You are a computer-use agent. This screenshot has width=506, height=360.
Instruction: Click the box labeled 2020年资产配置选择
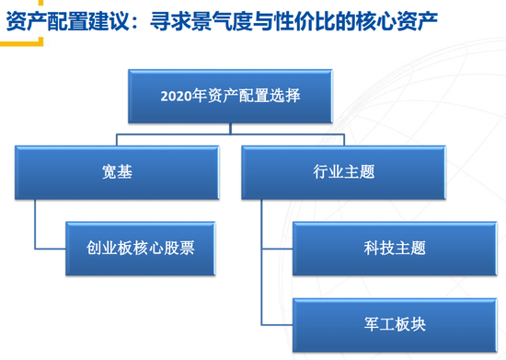(230, 97)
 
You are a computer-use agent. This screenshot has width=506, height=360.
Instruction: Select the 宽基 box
(117, 172)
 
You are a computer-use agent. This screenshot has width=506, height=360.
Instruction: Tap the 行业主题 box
(344, 172)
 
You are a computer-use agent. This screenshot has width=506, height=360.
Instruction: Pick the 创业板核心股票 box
(141, 249)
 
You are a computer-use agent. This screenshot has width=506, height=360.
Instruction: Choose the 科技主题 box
(395, 249)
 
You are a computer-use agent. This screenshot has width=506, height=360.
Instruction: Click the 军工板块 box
(395, 325)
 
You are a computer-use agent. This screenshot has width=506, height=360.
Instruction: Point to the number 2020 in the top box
(176, 97)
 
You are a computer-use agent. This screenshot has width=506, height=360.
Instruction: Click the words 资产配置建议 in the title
(68, 21)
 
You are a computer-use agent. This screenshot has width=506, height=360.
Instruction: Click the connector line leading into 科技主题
(277, 249)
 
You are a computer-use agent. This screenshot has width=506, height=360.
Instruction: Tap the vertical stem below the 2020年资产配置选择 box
(230, 129)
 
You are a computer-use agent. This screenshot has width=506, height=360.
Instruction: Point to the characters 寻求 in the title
(171, 21)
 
